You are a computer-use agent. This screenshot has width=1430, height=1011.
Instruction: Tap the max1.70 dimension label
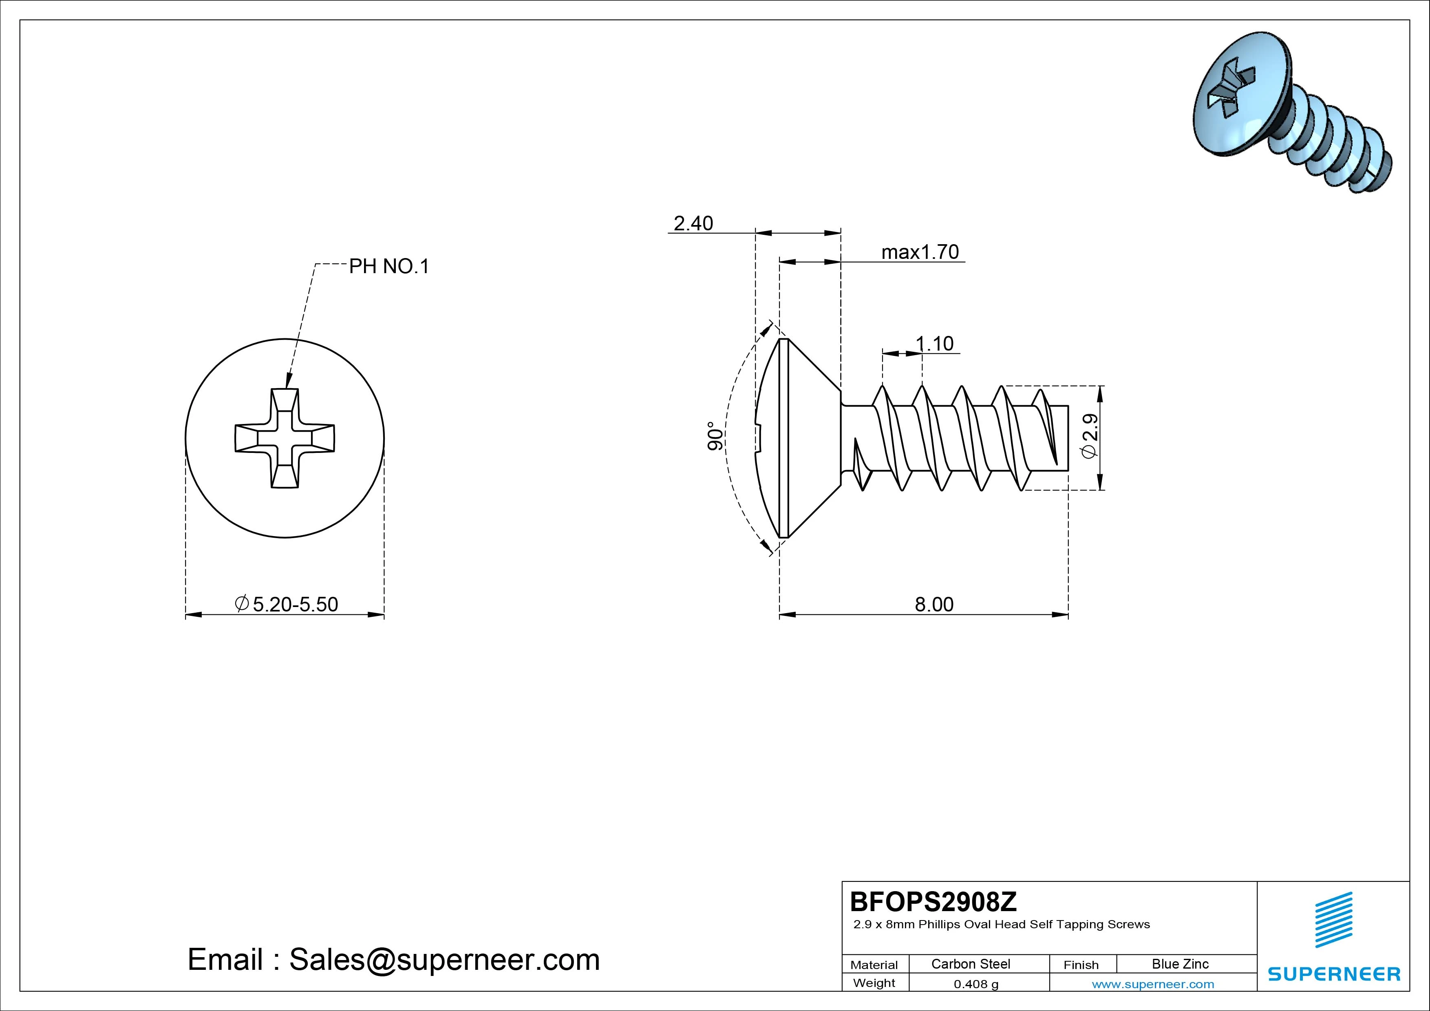[920, 252]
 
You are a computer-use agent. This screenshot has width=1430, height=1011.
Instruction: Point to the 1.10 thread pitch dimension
[934, 344]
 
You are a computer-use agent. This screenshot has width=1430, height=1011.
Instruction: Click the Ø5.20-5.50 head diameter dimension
[287, 604]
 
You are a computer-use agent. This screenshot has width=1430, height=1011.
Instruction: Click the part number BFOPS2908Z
[933, 901]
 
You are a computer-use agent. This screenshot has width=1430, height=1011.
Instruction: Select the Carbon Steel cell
[970, 964]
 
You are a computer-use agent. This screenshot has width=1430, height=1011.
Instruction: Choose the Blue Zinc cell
[1180, 964]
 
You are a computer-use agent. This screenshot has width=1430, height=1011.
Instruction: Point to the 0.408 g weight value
[976, 984]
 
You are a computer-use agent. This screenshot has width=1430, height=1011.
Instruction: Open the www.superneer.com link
[1153, 984]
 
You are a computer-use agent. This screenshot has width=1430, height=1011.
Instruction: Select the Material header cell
[874, 965]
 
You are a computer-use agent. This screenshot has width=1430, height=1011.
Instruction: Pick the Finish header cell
[1081, 965]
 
